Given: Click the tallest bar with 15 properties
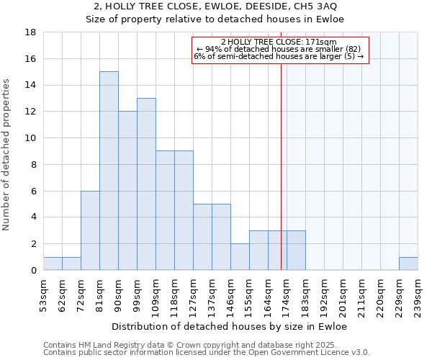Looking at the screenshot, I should click(x=109, y=171).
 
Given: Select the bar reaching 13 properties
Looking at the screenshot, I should click(x=146, y=184).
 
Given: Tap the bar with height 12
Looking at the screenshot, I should click(x=127, y=191).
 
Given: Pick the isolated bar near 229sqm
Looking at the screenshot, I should click(x=408, y=264).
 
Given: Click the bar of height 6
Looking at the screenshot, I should click(x=90, y=230).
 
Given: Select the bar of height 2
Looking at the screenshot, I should click(x=240, y=257).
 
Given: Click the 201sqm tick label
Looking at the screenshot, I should click(x=343, y=294).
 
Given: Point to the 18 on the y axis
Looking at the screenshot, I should click(x=30, y=32).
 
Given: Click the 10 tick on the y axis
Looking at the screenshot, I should click(x=30, y=138).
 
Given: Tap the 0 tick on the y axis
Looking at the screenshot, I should click(x=33, y=271).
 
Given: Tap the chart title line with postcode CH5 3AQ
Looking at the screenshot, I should click(x=215, y=6).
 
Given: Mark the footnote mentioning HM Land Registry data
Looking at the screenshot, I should click(x=180, y=345).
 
